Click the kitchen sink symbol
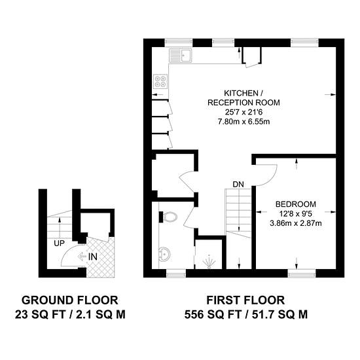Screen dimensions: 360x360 (180, 56)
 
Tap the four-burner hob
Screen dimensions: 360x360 (160, 82)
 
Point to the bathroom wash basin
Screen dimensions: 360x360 (164, 255)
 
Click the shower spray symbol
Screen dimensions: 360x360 (209, 262)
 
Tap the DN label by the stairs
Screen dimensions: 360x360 (238, 185)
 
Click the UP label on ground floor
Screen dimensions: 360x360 (59, 243)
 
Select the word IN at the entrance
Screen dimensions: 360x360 (93, 257)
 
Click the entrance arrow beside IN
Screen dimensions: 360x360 (82, 257)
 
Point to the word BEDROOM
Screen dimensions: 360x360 (296, 204)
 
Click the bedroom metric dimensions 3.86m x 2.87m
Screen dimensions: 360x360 (296, 223)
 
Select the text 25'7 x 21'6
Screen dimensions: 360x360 (243, 112)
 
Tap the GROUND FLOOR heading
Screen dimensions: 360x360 (70, 300)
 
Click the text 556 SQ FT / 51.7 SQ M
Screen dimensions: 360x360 (246, 315)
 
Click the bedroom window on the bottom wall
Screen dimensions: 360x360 (302, 273)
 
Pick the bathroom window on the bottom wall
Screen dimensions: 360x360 (176, 273)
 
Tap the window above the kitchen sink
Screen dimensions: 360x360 (179, 43)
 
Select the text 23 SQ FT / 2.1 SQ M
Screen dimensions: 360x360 (70, 315)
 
